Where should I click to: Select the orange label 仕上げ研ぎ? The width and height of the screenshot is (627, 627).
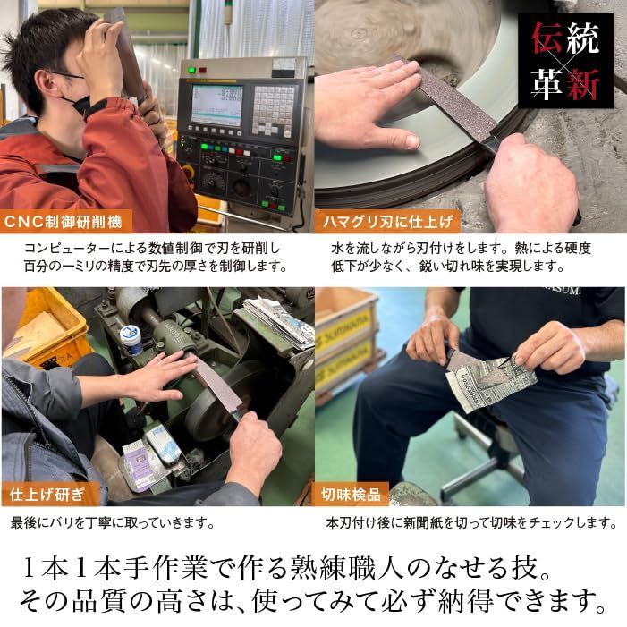pos(47,494)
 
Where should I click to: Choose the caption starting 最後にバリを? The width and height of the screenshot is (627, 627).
pos(113,522)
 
